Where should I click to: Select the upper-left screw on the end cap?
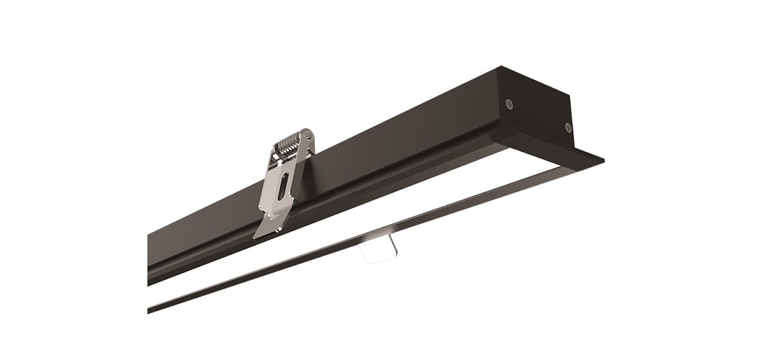(510, 103)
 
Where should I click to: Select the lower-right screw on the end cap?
(568, 127)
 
